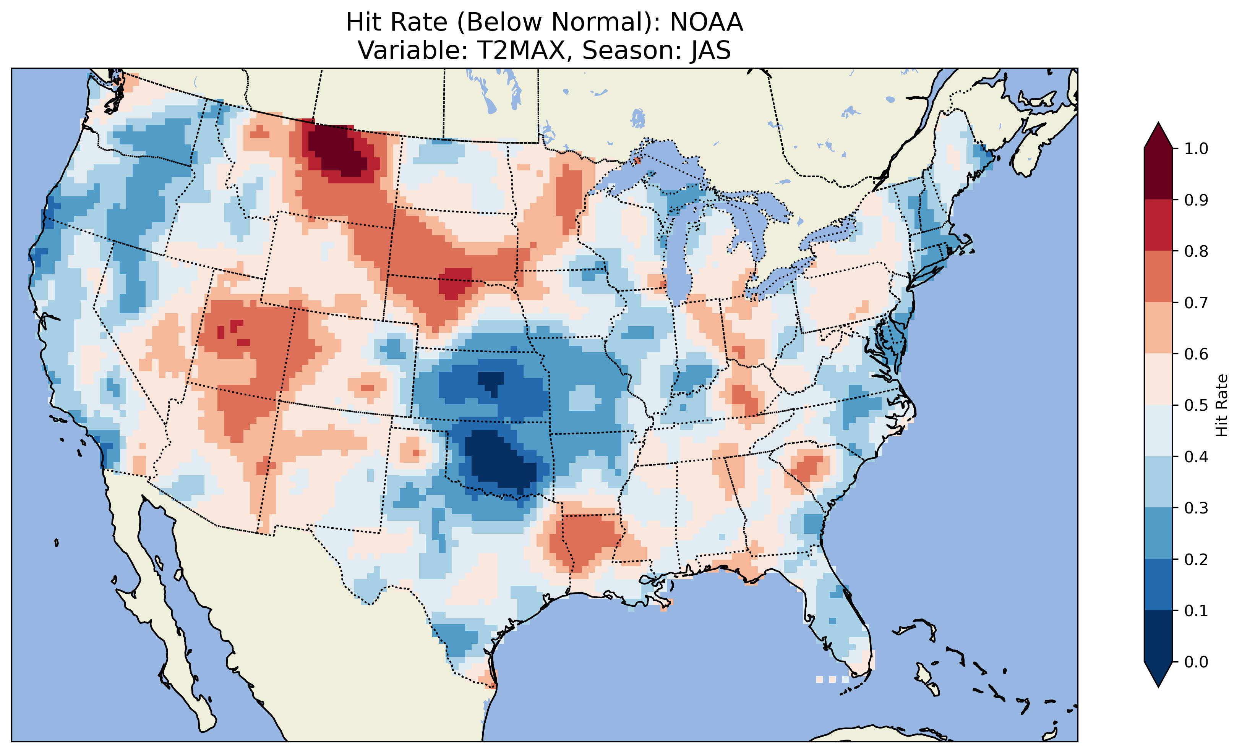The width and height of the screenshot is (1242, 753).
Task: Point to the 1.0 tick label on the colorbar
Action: [x=1196, y=149]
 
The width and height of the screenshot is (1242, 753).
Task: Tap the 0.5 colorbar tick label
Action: [x=1196, y=405]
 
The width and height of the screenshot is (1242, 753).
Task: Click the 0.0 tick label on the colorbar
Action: [x=1196, y=662]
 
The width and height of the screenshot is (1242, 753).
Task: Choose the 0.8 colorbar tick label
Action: [x=1196, y=251]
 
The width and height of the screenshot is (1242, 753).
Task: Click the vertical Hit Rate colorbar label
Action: [x=1221, y=405]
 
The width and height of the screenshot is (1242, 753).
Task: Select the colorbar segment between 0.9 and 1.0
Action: [x=1158, y=174]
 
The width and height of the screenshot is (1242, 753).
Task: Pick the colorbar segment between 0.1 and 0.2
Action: [x=1158, y=585]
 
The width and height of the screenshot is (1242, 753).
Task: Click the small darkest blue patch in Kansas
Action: [x=490, y=381]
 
